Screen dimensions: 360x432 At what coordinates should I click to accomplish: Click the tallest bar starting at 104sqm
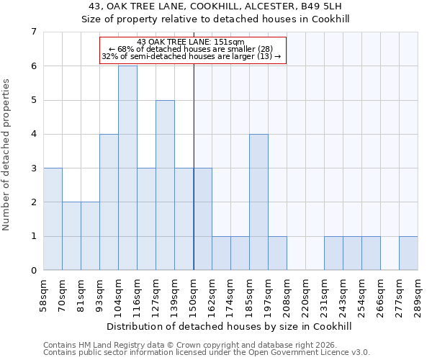pos(127,168)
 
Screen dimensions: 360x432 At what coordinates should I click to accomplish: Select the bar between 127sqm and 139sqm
pos(165,185)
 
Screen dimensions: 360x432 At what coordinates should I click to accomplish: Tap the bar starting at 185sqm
pos(258,202)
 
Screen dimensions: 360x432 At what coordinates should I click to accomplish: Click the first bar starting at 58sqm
pos(53,219)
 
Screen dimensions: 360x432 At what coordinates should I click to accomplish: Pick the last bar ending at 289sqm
pos(408,253)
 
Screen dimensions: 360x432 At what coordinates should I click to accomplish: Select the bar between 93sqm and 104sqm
pos(109,202)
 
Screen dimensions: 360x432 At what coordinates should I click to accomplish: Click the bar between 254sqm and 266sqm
pos(371,253)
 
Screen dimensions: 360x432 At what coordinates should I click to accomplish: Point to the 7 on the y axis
pos(33,32)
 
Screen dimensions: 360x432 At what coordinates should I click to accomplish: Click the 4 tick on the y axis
pos(33,134)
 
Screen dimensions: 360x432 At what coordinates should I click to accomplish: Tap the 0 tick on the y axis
pos(33,270)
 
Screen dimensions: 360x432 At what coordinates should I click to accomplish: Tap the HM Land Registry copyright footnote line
pos(189,345)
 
